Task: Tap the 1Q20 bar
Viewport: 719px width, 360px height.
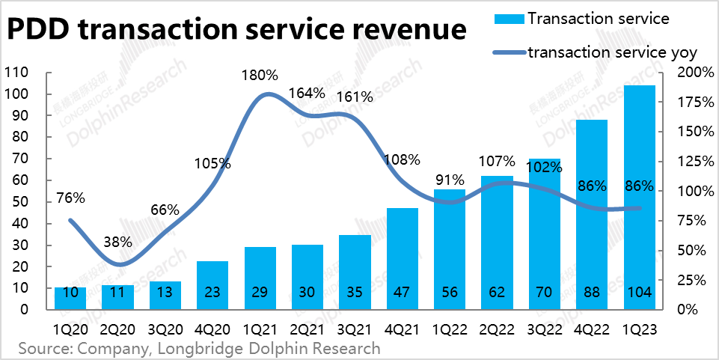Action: tap(70, 298)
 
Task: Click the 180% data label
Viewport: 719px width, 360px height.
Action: tap(260, 76)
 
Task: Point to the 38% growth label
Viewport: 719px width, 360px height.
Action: tap(117, 242)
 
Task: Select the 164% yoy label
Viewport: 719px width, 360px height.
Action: tap(307, 94)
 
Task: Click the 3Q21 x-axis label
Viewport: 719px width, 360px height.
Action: tap(355, 329)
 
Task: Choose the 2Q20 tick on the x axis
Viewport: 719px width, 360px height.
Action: tap(117, 329)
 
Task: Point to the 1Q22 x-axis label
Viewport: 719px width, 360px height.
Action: tap(450, 329)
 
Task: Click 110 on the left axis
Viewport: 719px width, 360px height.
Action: tap(16, 73)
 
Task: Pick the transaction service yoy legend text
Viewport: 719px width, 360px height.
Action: tap(613, 52)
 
